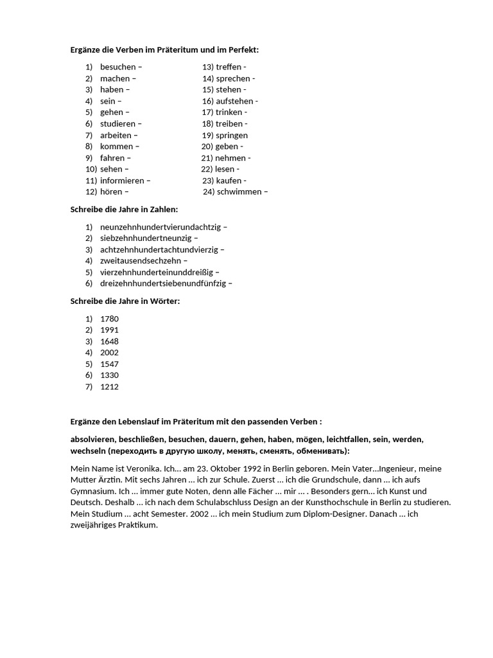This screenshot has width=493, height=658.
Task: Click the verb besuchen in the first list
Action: pyautogui.click(x=117, y=67)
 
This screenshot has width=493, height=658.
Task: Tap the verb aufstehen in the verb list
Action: pyautogui.click(x=234, y=101)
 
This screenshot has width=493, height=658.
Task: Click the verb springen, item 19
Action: pyautogui.click(x=232, y=135)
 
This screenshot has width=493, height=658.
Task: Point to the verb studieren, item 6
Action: pyautogui.click(x=118, y=123)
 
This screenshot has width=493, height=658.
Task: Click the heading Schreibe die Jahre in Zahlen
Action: pyautogui.click(x=124, y=209)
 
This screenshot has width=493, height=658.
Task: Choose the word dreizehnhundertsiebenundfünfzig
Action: pyautogui.click(x=163, y=283)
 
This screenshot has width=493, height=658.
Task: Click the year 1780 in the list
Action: pyautogui.click(x=109, y=319)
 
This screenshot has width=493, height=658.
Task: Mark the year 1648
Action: pyautogui.click(x=109, y=341)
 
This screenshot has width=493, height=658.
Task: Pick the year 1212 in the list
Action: pyautogui.click(x=109, y=387)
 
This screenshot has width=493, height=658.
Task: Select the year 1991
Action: pyautogui.click(x=109, y=330)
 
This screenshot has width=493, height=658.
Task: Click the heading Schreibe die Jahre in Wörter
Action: pyautogui.click(x=125, y=301)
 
